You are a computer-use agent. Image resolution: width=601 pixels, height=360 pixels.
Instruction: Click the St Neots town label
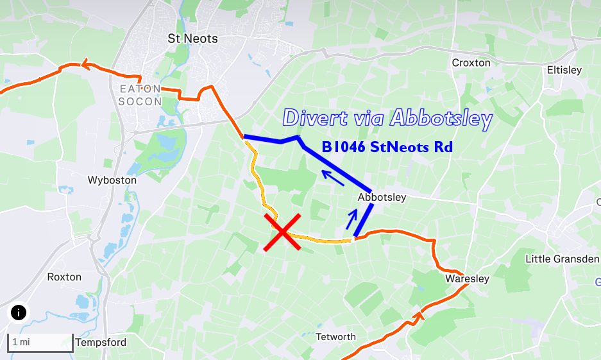tap(192, 39)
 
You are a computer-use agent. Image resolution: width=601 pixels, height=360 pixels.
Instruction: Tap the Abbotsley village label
tap(382, 197)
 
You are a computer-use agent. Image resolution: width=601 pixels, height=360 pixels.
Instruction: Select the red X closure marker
tap(282, 233)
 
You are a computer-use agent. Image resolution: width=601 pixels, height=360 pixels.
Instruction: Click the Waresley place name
tap(467, 279)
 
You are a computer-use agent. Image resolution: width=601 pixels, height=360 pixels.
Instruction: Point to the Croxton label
tap(471, 63)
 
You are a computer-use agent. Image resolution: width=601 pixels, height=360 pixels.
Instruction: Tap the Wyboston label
tap(112, 180)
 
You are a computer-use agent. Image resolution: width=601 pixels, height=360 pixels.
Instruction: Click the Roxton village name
tap(64, 277)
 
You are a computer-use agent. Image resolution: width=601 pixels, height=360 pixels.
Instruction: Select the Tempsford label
tap(101, 342)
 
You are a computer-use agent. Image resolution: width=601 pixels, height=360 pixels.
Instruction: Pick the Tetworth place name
tap(335, 337)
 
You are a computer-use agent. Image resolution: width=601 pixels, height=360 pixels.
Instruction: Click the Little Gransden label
tap(561, 259)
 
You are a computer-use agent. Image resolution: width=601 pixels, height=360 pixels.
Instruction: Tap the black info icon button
tap(19, 313)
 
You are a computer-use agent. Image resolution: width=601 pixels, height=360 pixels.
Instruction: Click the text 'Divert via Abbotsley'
tap(387, 118)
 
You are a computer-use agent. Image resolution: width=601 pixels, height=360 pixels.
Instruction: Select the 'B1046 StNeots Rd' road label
tap(387, 147)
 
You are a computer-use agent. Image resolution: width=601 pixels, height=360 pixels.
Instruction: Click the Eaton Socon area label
tap(140, 95)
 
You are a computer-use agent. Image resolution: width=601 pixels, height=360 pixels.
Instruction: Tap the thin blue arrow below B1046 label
tap(332, 176)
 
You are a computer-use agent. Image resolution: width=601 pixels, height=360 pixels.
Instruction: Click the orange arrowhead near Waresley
tap(420, 314)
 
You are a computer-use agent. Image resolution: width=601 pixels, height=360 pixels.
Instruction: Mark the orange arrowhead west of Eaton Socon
tap(85, 64)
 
